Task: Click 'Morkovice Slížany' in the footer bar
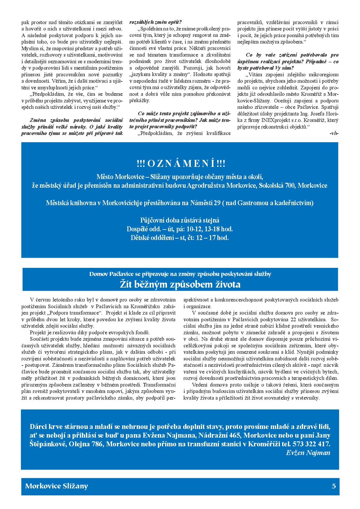point(57,486)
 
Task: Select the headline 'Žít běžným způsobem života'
point(180,284)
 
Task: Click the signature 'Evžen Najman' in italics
point(308,453)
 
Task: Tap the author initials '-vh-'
point(334,133)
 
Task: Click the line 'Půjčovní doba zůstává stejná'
point(180,220)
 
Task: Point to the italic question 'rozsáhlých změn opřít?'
point(156,22)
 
